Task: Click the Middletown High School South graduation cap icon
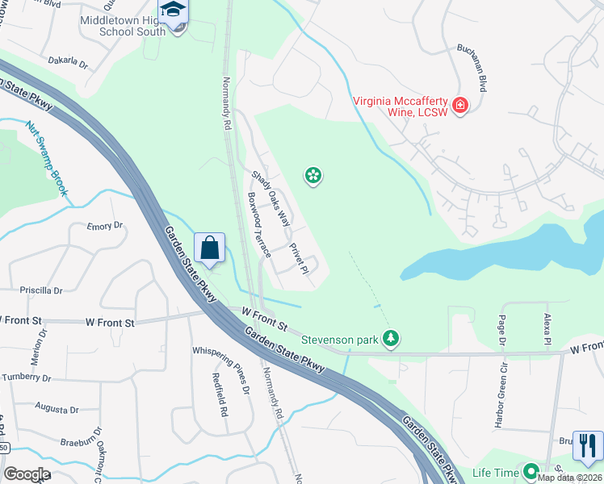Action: coord(173,10)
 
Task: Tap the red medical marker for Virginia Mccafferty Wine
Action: coord(460,106)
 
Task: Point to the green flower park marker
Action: coord(313,175)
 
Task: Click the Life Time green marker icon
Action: coord(531,471)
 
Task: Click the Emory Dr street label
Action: coord(105,227)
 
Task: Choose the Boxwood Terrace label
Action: coord(259,226)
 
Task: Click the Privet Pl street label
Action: coord(299,259)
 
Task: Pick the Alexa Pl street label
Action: coord(547,331)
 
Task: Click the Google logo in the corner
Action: coord(27,474)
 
